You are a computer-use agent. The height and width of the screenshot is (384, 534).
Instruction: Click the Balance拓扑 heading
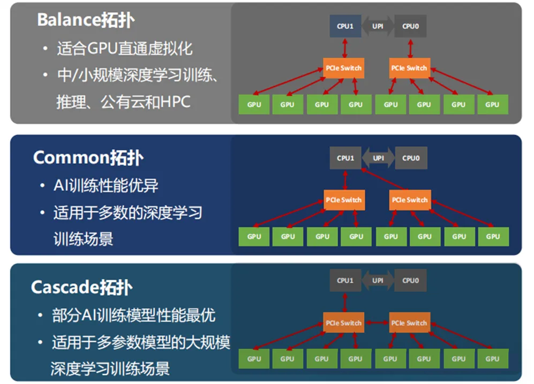(x=86, y=20)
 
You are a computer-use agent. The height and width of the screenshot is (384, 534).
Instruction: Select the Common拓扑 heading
(x=88, y=158)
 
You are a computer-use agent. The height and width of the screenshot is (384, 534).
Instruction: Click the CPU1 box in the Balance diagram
(x=345, y=26)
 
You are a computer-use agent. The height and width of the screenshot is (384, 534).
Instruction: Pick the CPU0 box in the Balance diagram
(x=410, y=26)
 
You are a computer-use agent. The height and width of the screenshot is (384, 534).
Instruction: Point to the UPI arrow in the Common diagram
(x=378, y=158)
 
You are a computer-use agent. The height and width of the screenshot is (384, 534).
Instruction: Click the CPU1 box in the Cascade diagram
(x=345, y=280)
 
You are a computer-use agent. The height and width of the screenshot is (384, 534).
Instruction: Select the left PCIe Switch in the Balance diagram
(x=343, y=68)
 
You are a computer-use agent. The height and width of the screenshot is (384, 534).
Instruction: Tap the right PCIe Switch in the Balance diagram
(x=409, y=68)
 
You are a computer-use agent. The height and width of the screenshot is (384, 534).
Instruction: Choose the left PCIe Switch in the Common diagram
(x=343, y=200)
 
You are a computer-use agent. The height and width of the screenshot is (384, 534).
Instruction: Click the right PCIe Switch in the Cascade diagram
(x=409, y=323)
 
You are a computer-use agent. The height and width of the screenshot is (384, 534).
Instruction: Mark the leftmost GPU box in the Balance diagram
(x=254, y=104)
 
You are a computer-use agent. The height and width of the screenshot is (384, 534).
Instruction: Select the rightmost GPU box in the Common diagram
(x=493, y=236)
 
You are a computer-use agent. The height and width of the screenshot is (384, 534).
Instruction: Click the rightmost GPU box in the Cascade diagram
(x=493, y=359)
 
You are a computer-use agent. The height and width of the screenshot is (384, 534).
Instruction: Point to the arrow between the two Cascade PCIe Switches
(x=376, y=323)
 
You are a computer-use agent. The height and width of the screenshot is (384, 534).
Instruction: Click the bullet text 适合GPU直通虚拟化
(x=124, y=49)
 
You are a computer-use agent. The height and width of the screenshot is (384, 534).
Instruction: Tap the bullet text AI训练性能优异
(x=106, y=186)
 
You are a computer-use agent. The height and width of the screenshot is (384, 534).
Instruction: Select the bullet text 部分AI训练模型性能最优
(x=133, y=315)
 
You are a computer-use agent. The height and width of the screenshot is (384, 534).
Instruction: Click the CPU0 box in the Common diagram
(x=410, y=158)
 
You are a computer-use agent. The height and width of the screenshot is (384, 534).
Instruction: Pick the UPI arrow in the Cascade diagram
(x=378, y=280)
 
